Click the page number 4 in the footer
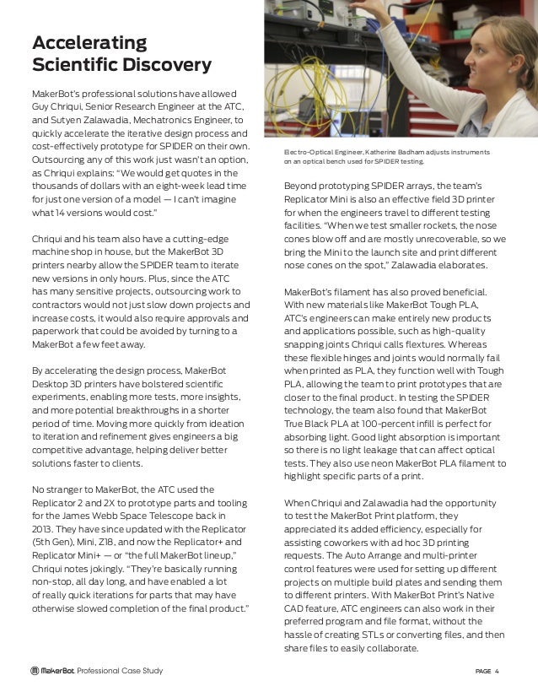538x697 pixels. coord(498,672)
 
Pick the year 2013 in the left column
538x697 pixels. coord(42,528)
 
